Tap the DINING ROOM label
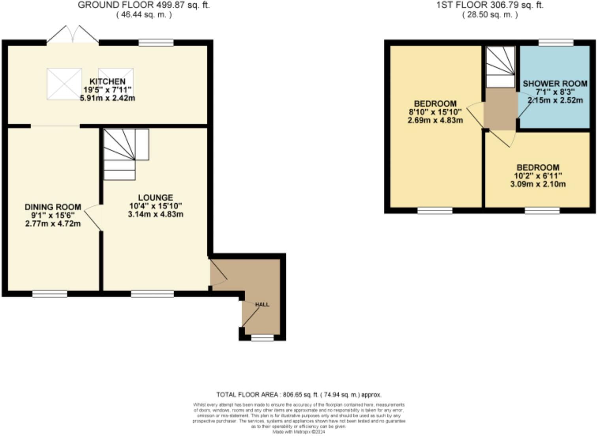pos(53,207)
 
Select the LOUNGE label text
pos(155,197)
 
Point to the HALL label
pos(262,304)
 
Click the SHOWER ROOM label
pos(555,84)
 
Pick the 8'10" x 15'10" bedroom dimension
pos(435,112)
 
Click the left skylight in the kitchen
pos(64,84)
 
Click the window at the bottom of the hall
pos(262,338)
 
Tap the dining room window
pos(50,293)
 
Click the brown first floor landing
pos(500,109)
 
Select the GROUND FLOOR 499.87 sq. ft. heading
pos(144,5)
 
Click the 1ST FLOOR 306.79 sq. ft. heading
pos(490,5)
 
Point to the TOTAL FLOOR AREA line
pos(298,395)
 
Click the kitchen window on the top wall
pos(156,43)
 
